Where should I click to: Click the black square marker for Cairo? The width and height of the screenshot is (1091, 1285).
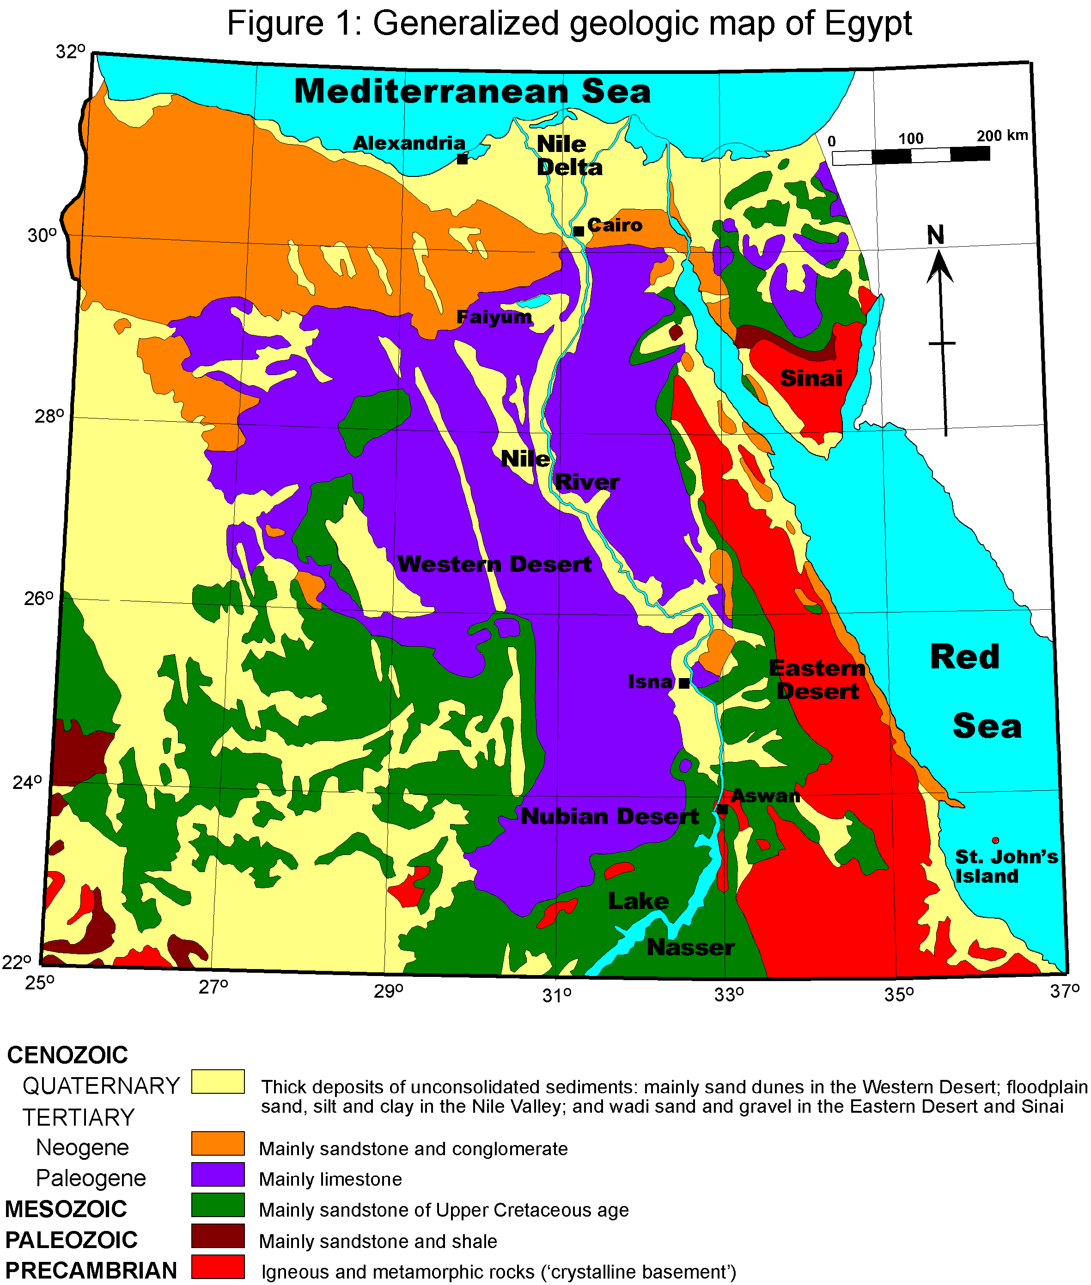coord(578,231)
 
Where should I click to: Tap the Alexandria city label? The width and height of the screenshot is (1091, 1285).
coord(409,143)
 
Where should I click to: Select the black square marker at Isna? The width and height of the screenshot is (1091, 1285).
coord(684,683)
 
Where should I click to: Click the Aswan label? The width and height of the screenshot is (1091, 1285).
coord(766,795)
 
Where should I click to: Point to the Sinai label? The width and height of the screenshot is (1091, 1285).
coord(811,378)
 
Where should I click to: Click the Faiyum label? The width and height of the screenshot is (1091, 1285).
coord(494,317)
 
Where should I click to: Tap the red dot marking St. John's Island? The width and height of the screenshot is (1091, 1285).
coord(996,841)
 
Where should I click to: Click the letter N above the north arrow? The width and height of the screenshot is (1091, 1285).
coord(936,235)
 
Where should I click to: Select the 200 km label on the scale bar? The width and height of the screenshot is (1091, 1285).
coord(1002,135)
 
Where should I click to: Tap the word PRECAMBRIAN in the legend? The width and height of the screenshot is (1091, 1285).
coord(91,1270)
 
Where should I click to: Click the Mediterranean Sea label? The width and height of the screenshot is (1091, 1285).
coord(473,91)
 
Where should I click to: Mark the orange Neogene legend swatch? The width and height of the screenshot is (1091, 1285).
coord(218,1144)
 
